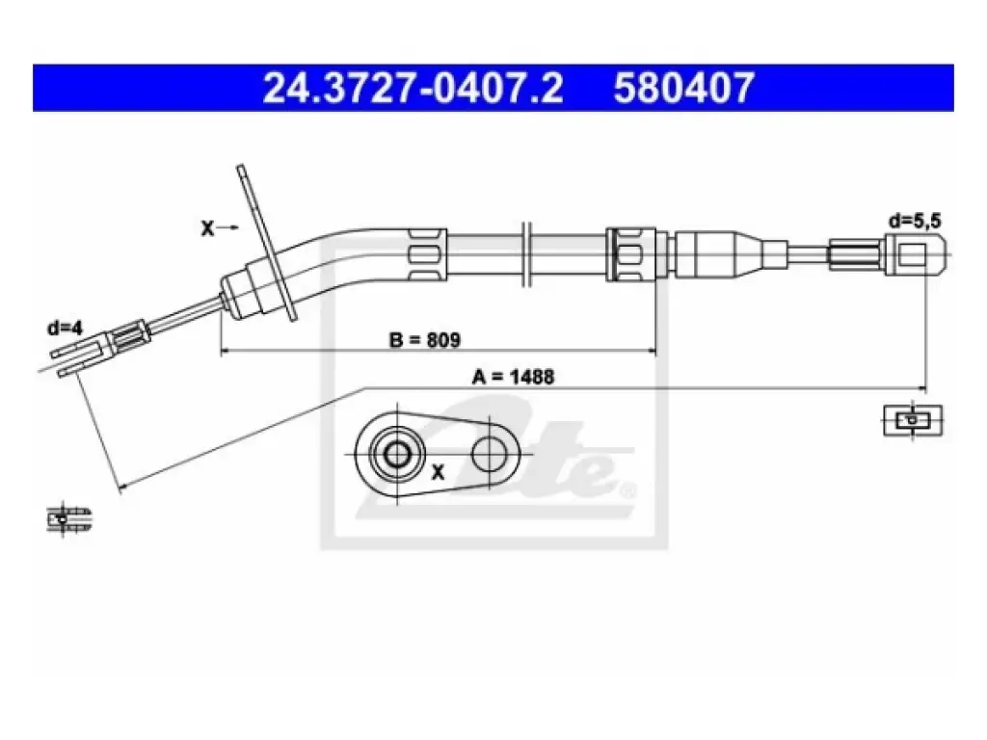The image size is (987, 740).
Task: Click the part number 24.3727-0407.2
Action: coord(413,88)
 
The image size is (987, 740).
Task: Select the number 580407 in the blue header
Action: coord(683,88)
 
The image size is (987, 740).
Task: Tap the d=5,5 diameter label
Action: coord(915,221)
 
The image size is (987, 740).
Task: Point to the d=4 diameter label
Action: coord(65,328)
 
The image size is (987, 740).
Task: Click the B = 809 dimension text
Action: coord(425,340)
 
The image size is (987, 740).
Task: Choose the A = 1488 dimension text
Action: coord(513,377)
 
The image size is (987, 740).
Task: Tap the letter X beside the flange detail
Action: coord(439,471)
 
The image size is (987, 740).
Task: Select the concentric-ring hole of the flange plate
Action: coord(396,453)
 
